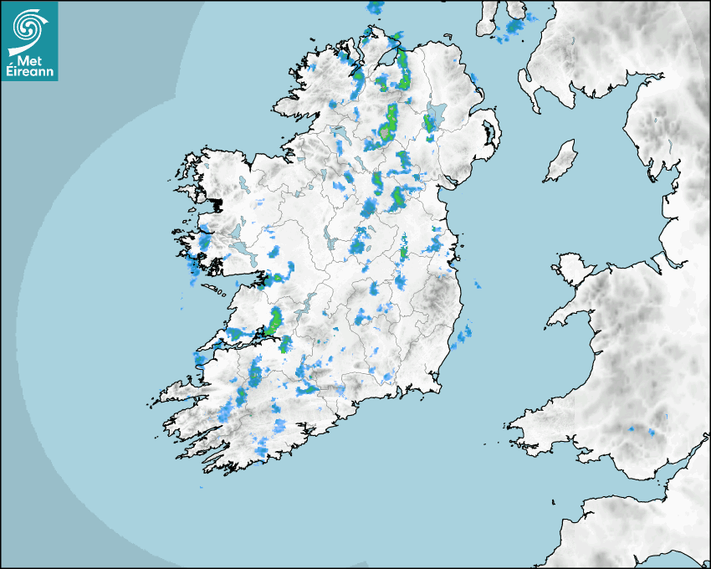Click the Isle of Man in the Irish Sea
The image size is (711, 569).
point(561,161)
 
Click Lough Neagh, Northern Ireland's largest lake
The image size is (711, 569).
point(436,115)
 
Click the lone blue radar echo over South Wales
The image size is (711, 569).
point(652,433)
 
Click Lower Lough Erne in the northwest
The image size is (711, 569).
point(340,134)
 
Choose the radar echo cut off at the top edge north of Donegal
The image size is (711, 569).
point(375,8)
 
